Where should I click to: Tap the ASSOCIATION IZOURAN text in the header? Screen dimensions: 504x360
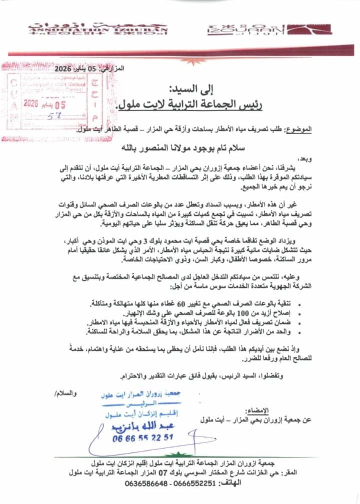[x=98, y=28]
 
